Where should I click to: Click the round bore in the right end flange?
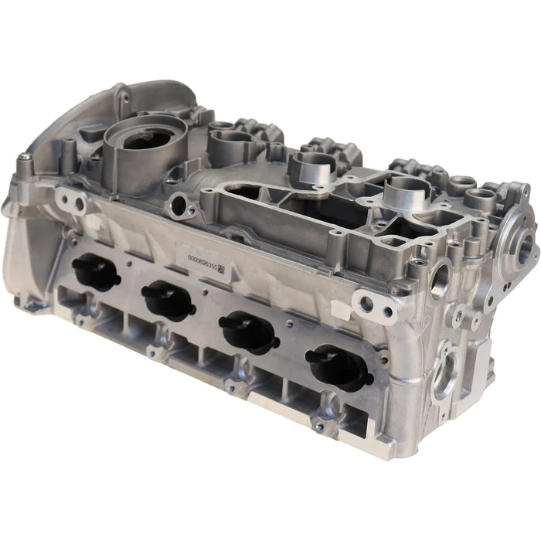(528, 249)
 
